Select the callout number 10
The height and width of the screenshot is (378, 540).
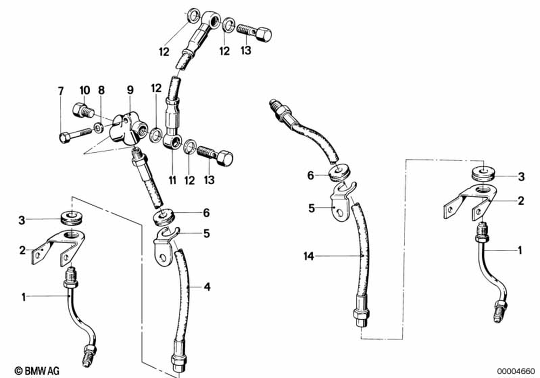point(85,90)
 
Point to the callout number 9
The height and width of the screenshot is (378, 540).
point(130,90)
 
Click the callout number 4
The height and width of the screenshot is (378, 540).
point(207,287)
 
